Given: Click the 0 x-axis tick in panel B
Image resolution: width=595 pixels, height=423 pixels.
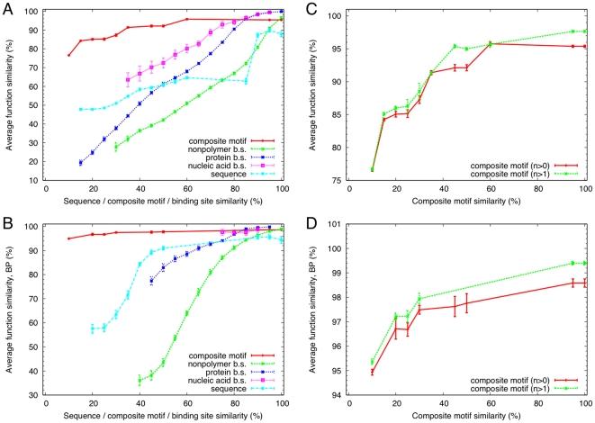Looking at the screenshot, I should pos(45,406).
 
